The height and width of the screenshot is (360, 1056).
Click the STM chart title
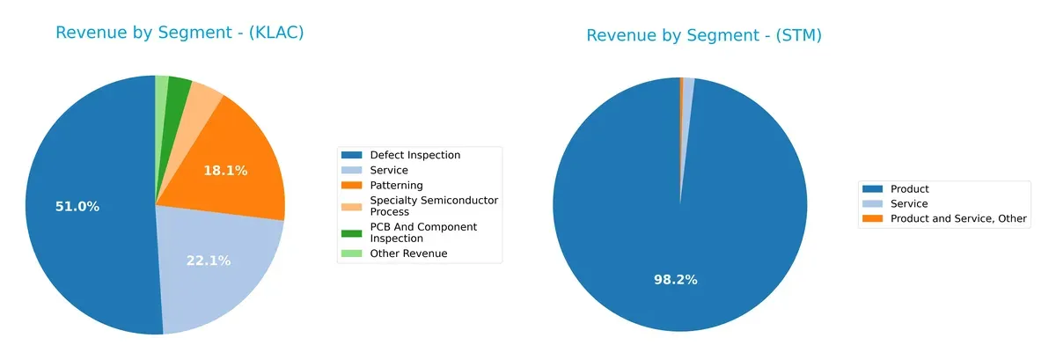coord(704,35)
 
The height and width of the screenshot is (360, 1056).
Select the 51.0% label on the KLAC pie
coord(77,207)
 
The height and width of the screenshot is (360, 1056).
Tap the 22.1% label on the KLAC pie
coord(208,261)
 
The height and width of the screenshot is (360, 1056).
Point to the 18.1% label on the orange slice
coord(225,171)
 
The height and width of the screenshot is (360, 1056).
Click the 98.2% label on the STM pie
coord(675,280)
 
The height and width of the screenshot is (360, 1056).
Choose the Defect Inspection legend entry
coord(414,155)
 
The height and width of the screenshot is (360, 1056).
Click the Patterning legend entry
coord(396,186)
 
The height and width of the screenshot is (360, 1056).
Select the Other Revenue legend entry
coord(408,253)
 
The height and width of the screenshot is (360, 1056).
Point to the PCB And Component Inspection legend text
coord(423,232)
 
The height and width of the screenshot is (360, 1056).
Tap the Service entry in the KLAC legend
coord(389,170)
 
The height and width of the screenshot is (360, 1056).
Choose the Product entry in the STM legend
coord(909,189)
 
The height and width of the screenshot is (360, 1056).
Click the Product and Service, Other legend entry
coord(958,219)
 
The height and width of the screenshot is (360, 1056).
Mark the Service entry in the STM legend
coord(909,204)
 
